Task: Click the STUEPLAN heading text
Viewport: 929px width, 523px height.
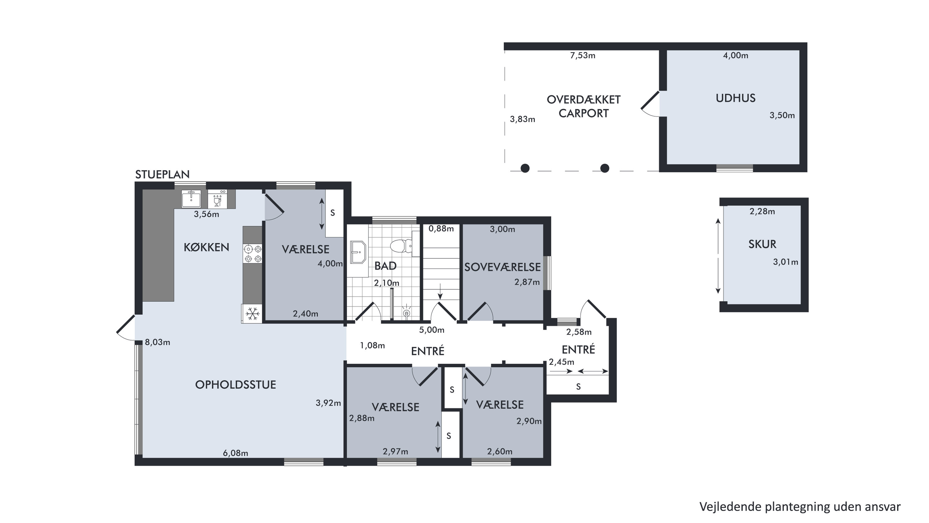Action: [162, 175]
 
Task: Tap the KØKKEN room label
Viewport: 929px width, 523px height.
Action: [206, 247]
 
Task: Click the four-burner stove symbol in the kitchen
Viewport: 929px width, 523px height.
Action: [253, 253]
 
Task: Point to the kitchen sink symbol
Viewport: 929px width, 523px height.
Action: [191, 199]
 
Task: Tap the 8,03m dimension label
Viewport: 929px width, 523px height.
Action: [158, 342]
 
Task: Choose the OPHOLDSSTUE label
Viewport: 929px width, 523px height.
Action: [235, 385]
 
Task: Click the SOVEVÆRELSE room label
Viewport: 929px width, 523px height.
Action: [502, 267]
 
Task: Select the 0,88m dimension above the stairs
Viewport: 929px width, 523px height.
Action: [441, 228]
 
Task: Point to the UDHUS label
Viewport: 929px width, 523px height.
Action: [735, 98]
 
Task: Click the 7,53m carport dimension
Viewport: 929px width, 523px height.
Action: [582, 55]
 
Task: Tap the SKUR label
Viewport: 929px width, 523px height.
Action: [762, 244]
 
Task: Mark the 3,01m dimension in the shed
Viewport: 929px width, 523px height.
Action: [785, 262]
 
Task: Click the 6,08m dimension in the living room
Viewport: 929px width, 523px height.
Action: [235, 453]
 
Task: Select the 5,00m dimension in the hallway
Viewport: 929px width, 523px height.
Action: [432, 330]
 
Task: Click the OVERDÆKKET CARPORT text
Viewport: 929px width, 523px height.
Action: [583, 107]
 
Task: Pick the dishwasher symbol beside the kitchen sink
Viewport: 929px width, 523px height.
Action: [217, 199]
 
